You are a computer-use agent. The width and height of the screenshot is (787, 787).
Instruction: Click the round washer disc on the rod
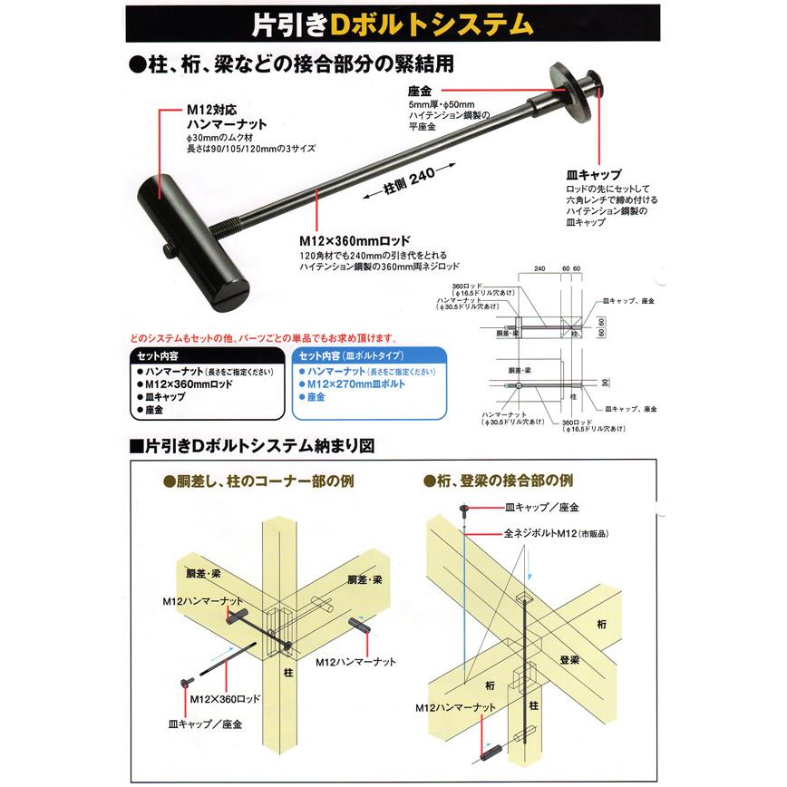coord(572,90)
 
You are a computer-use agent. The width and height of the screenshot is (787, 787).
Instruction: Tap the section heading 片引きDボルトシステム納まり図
coord(254,446)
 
